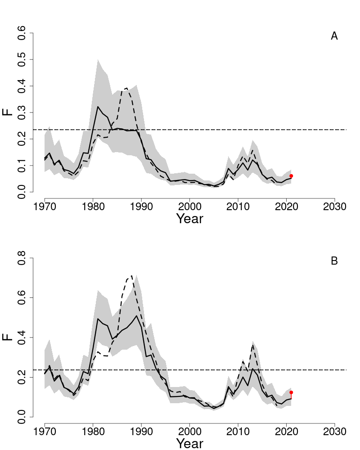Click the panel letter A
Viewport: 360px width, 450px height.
pos(334,36)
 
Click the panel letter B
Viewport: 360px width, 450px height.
pos(334,261)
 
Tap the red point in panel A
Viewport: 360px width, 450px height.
pos(291,176)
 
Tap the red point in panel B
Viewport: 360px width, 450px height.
pos(291,392)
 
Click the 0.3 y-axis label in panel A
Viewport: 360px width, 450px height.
pos(21,112)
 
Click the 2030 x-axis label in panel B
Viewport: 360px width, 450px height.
pos(334,431)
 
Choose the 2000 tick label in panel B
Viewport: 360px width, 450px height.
pos(189,431)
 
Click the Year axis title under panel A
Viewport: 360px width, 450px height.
pos(189,219)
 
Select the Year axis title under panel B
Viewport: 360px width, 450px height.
pos(189,444)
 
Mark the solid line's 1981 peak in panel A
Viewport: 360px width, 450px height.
pos(98,107)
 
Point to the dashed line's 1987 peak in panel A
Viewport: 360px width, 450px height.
pos(127,88)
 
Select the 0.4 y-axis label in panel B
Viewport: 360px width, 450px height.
pos(21,337)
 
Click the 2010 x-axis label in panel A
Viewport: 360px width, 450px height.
pos(238,206)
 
